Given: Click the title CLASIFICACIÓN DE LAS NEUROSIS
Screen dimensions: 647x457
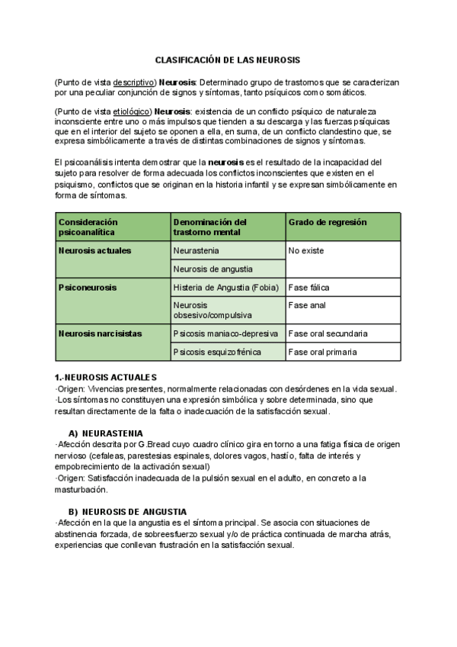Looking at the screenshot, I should [x=228, y=60].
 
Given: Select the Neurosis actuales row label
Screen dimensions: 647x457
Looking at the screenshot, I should [x=94, y=250].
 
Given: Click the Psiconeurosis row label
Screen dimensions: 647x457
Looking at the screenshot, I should [x=85, y=288].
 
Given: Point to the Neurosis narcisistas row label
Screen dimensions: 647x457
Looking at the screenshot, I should [x=100, y=333].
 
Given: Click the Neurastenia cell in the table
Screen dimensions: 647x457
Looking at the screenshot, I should [x=197, y=250].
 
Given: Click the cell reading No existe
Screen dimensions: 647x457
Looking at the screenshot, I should [x=306, y=250].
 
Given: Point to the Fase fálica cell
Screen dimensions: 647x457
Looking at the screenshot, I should [x=308, y=288].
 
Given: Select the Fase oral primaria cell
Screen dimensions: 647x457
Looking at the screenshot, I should [x=322, y=352].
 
